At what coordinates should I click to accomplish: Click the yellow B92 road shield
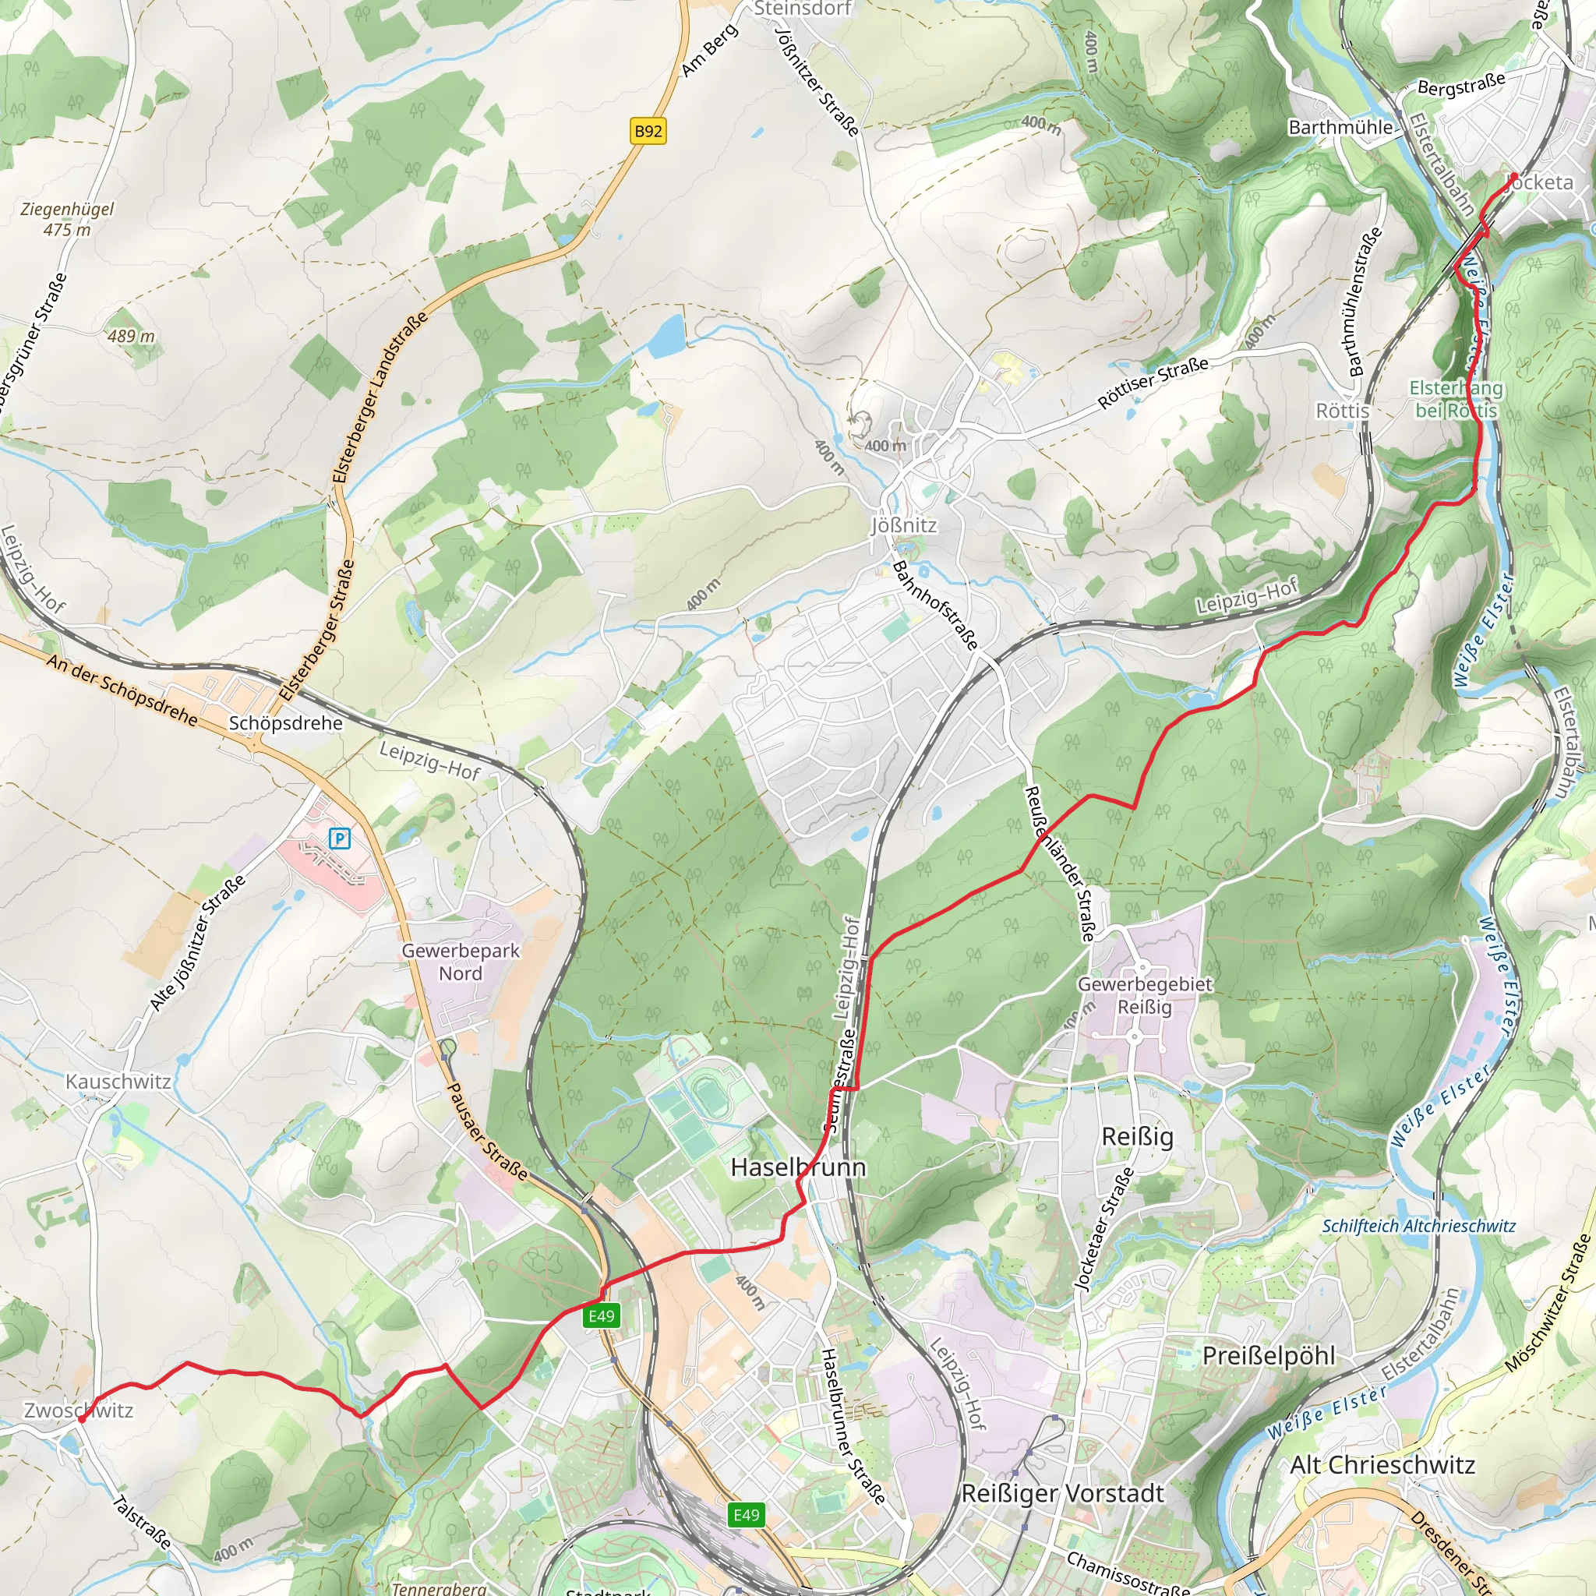pos(648,130)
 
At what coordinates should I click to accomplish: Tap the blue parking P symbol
pos(340,839)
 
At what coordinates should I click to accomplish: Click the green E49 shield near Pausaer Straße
pos(602,1316)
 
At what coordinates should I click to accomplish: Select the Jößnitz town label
pos(904,525)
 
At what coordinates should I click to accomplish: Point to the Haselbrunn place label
pos(798,1167)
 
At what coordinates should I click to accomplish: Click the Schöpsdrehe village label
pos(285,723)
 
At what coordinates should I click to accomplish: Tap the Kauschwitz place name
pos(118,1082)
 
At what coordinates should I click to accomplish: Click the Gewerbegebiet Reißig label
pos(1144,995)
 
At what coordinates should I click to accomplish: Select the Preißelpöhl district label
pos(1268,1356)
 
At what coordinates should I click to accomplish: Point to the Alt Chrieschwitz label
pos(1382,1464)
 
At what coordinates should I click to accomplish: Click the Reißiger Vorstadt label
pos(1062,1494)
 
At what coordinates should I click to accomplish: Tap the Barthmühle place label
pos(1340,127)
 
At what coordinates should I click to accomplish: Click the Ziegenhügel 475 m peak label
pos(67,219)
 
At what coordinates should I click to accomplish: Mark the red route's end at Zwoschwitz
pos(81,1420)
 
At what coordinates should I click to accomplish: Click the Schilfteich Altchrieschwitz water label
pos(1418,1226)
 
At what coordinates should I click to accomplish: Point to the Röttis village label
pos(1343,411)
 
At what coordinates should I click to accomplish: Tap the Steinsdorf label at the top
pos(801,9)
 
